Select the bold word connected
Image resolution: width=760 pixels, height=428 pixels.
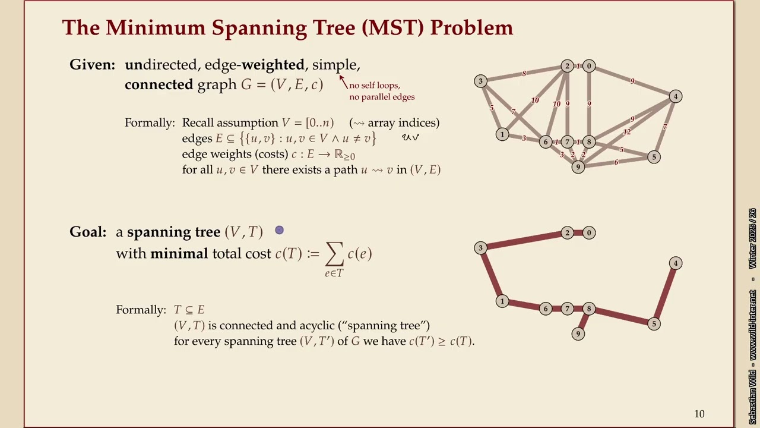[x=159, y=84]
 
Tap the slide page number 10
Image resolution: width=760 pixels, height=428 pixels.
[x=699, y=414]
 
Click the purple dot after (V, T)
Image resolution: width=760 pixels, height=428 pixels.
[x=279, y=230]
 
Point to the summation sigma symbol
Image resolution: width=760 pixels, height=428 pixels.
[x=334, y=254]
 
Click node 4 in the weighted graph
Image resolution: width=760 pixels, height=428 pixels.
[x=675, y=96]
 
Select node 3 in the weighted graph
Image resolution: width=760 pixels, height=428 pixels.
[x=481, y=81]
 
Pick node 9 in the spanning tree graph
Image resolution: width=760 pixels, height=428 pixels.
[x=578, y=333]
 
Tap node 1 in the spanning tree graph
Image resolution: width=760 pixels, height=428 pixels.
[x=502, y=301]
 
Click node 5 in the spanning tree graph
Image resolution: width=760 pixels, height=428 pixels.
[x=654, y=324]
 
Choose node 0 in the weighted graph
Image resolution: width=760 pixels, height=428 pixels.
[x=588, y=66]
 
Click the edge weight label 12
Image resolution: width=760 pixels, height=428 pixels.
[x=626, y=132]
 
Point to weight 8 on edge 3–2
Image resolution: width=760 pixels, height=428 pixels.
[x=524, y=74]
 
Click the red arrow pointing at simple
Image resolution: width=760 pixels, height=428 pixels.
[x=343, y=81]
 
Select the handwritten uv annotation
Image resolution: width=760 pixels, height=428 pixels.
[x=410, y=137]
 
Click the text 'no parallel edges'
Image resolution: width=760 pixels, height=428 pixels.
[x=382, y=97]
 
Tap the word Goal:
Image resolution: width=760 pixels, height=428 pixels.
[x=88, y=232]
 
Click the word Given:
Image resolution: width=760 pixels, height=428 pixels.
[x=92, y=65]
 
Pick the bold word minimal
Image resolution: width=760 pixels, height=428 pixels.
[x=179, y=254]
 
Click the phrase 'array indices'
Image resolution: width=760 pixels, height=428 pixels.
[x=403, y=123]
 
